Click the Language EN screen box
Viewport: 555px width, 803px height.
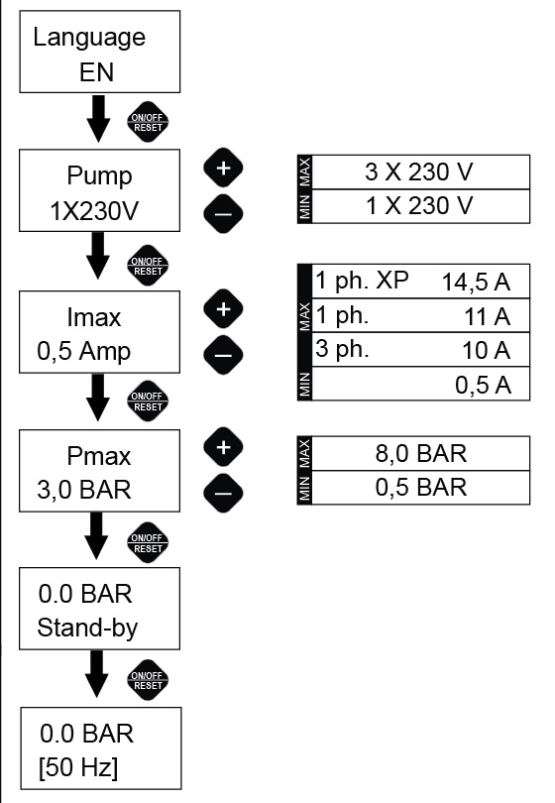point(100,52)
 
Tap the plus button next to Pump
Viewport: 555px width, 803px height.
point(223,168)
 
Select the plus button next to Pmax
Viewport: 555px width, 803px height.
point(223,447)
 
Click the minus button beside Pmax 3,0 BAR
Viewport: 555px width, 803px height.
point(223,493)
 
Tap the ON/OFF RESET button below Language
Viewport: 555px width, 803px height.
point(148,122)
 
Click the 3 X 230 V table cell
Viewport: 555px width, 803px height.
point(420,172)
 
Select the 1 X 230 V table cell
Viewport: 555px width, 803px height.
point(420,206)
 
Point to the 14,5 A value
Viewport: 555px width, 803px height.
point(476,283)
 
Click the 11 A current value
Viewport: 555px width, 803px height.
point(488,316)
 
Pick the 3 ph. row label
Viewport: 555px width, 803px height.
point(342,349)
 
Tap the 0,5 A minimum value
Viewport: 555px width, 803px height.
point(483,385)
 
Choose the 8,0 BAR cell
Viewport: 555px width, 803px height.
point(421,454)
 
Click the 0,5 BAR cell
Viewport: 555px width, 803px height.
point(421,488)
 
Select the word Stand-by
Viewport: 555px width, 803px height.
point(87,628)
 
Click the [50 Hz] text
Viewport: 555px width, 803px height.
point(78,767)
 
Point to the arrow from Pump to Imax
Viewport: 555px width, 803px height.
point(98,256)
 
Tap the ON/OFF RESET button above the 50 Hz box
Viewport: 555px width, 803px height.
point(148,680)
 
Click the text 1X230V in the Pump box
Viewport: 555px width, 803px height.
point(94,211)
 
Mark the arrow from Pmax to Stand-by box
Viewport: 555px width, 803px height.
point(96,535)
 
